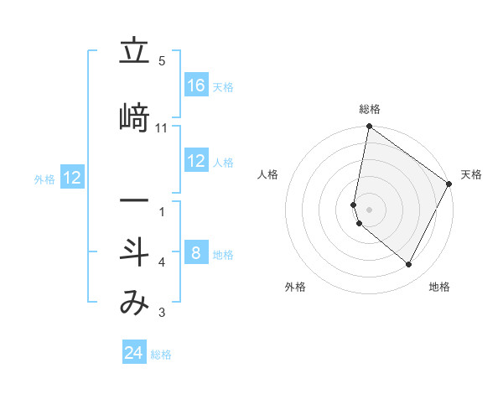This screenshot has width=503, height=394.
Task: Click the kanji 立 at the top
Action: pyautogui.click(x=134, y=52)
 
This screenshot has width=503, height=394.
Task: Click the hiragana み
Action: pyautogui.click(x=134, y=303)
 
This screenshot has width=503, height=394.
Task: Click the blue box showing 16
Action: pyautogui.click(x=196, y=86)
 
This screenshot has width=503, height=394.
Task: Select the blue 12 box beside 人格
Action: pyautogui.click(x=196, y=162)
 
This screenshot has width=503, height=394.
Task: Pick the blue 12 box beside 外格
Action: pyautogui.click(x=72, y=178)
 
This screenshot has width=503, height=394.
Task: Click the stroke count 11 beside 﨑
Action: pyautogui.click(x=162, y=128)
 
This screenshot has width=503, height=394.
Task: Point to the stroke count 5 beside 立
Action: pyautogui.click(x=162, y=61)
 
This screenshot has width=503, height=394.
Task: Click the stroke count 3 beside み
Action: pyautogui.click(x=162, y=314)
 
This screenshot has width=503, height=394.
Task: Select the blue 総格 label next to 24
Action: pyautogui.click(x=161, y=355)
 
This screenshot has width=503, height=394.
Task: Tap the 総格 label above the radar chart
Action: pyautogui.click(x=370, y=109)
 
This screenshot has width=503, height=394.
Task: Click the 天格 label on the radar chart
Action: pyautogui.click(x=471, y=174)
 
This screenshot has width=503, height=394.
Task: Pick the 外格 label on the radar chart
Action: pyautogui.click(x=295, y=288)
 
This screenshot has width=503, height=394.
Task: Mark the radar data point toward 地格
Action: pyautogui.click(x=408, y=265)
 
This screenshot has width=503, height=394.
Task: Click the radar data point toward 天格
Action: pyautogui.click(x=449, y=184)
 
